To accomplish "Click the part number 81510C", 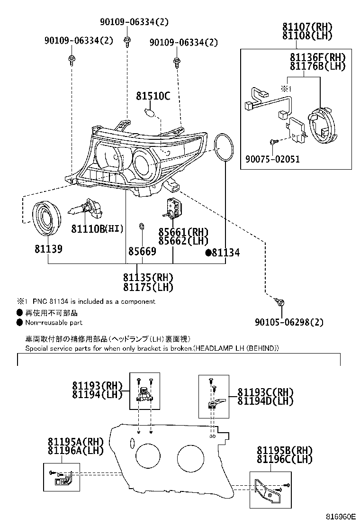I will pos(153,96).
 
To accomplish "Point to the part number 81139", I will pos(48,249).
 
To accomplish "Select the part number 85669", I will pos(142,251).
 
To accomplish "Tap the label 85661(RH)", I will pos(183,232).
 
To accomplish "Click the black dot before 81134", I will pos(208,253).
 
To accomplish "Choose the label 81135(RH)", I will pos(148,278).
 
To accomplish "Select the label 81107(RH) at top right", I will pos(307,27).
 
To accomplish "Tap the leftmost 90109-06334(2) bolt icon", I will pos(71,59).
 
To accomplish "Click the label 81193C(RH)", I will pos(265,392).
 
